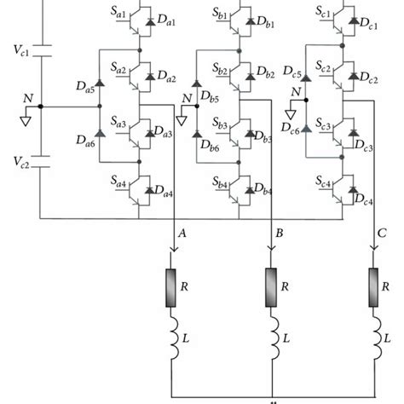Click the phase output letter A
tap(180, 233)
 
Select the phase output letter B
tap(278, 233)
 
